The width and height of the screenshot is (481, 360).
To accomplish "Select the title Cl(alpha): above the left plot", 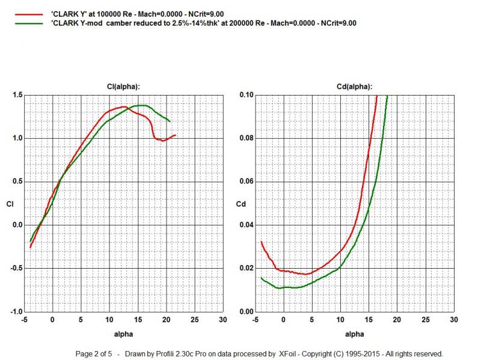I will click(123, 87).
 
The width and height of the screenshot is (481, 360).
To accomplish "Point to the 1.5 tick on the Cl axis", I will click(17, 95).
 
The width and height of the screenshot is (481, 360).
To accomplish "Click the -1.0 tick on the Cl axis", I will click(16, 312).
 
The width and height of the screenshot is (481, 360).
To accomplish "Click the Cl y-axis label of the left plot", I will click(10, 204).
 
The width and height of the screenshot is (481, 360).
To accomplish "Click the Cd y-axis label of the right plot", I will click(240, 204).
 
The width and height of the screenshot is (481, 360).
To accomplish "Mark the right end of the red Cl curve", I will click(176, 135).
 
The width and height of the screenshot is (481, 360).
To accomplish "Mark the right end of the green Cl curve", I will click(170, 121).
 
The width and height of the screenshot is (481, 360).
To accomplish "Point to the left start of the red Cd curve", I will click(261, 242).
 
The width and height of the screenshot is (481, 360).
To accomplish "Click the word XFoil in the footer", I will click(288, 353).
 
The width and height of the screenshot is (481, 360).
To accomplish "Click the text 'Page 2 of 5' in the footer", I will click(95, 353).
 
